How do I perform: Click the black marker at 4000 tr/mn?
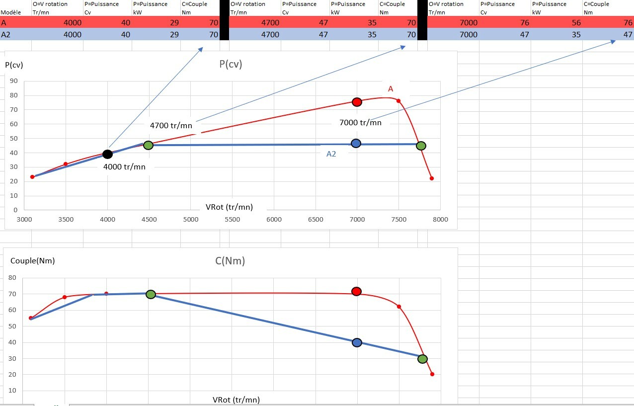coord(107,154)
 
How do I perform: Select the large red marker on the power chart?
coord(356,102)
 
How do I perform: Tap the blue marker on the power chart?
coord(356,143)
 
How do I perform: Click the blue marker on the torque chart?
coord(356,342)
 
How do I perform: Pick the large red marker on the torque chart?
coord(356,291)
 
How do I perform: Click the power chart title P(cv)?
coord(231,64)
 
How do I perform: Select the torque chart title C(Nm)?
coord(230,261)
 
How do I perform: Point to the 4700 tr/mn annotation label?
coord(171,126)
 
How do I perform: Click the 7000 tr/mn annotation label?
coord(360,122)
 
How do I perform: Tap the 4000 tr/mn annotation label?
coord(124,167)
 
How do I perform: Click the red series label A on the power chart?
coord(391,89)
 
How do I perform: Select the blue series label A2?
coord(331,154)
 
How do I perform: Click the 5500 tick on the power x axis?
coord(232,219)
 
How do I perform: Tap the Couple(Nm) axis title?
coord(32,260)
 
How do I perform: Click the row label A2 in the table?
coord(6,35)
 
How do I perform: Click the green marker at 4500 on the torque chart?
coord(151,294)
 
